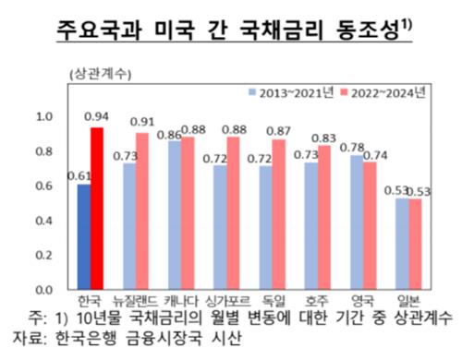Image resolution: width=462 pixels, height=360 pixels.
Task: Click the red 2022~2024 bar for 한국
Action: [x=96, y=209]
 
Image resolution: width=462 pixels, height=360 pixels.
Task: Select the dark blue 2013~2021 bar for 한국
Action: [x=84, y=237]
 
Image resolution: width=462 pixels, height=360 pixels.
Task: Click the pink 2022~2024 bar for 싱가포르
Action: [x=232, y=214]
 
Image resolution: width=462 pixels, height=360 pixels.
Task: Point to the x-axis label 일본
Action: [x=407, y=302]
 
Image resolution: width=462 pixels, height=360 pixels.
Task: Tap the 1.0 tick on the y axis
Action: [x=44, y=117]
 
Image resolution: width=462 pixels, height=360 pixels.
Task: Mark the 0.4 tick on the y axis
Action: [x=44, y=222]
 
